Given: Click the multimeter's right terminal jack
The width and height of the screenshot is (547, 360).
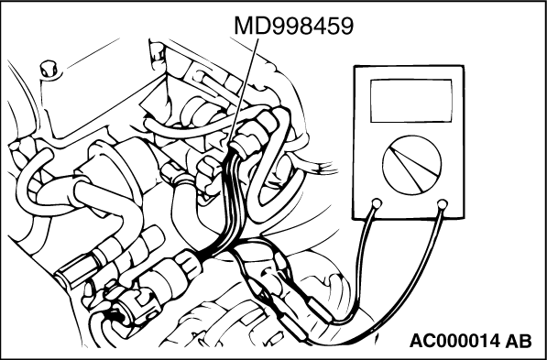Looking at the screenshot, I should pos(443,203).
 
